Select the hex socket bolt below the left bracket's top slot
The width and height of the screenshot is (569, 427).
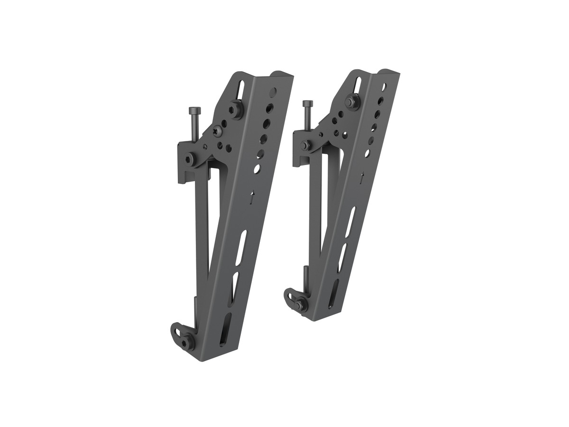(235, 110)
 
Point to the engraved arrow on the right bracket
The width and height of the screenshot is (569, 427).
(363, 179)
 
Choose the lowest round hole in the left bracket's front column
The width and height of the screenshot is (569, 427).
(257, 168)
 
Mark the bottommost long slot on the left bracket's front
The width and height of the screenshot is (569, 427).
(226, 327)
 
